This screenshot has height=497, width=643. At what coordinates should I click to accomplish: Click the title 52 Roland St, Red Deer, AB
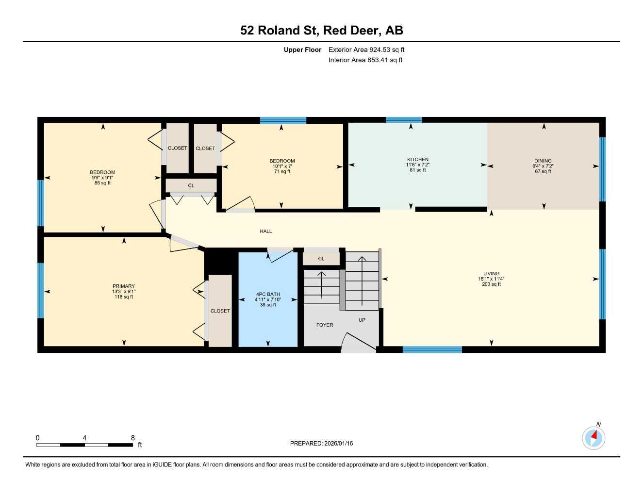pyautogui.click(x=321, y=30)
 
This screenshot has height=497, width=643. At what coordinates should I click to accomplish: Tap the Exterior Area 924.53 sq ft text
pyautogui.click(x=366, y=50)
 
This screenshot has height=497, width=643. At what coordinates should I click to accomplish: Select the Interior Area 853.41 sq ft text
pyautogui.click(x=365, y=60)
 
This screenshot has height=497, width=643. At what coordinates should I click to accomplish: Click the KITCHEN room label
pyautogui.click(x=417, y=159)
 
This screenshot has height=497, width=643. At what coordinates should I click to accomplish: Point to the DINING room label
pyautogui.click(x=543, y=161)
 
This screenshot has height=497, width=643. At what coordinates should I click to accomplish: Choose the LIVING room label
pyautogui.click(x=491, y=273)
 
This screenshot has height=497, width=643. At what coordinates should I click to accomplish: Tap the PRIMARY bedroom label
pyautogui.click(x=124, y=286)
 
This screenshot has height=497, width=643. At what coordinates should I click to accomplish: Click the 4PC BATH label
pyautogui.click(x=268, y=294)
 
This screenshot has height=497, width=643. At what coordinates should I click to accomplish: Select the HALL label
pyautogui.click(x=266, y=232)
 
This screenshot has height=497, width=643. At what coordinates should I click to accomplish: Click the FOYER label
pyautogui.click(x=325, y=325)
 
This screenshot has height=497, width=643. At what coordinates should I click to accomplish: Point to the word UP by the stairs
pyautogui.click(x=362, y=320)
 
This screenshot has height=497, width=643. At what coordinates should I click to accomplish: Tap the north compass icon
pyautogui.click(x=594, y=438)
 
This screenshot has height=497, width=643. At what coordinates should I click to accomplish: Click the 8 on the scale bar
pyautogui.click(x=133, y=438)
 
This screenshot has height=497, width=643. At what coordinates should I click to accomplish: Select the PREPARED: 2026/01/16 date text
pyautogui.click(x=321, y=443)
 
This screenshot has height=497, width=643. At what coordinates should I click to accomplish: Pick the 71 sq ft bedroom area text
pyautogui.click(x=282, y=171)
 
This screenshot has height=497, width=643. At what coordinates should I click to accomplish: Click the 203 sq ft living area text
pyautogui.click(x=491, y=284)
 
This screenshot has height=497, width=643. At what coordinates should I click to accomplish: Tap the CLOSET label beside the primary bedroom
pyautogui.click(x=220, y=311)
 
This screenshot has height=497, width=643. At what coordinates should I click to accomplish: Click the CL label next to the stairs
pyautogui.click(x=321, y=259)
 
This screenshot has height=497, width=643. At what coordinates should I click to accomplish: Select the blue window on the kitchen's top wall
pyautogui.click(x=404, y=120)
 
